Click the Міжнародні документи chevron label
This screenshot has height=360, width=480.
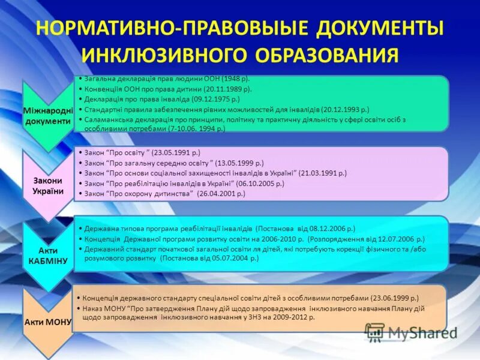coord(48,116)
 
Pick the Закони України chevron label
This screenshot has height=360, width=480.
coord(48,187)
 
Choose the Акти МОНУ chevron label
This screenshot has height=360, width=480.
coord(48,322)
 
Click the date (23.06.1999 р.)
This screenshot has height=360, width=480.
coord(394,298)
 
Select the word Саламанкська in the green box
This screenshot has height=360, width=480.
coord(107,119)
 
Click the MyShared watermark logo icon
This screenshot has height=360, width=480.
coord(375,332)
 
